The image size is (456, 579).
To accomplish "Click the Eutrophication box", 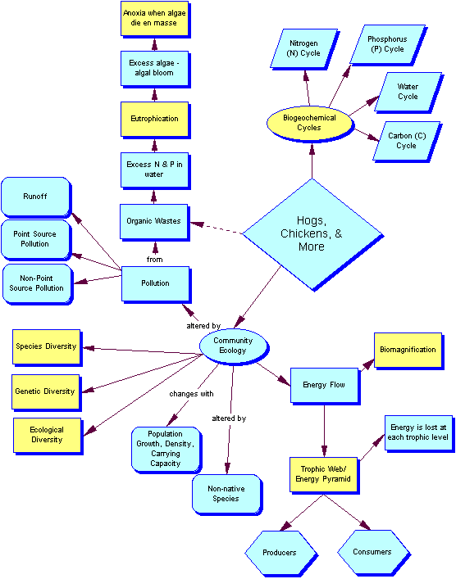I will point(154,119).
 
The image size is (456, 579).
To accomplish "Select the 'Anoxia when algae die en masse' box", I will point(154,19).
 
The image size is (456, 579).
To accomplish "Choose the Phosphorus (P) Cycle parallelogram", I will point(385,43).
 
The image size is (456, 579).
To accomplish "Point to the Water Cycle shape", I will point(407,92).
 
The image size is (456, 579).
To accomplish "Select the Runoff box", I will point(35,197).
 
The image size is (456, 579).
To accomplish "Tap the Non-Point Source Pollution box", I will point(36,283).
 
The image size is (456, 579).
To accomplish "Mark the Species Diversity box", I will point(46,346).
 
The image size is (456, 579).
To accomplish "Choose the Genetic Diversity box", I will point(45,391).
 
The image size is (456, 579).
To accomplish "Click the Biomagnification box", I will point(408,350).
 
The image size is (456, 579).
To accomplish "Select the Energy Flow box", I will point(325,384).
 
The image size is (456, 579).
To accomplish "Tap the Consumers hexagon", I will point(372,552).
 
